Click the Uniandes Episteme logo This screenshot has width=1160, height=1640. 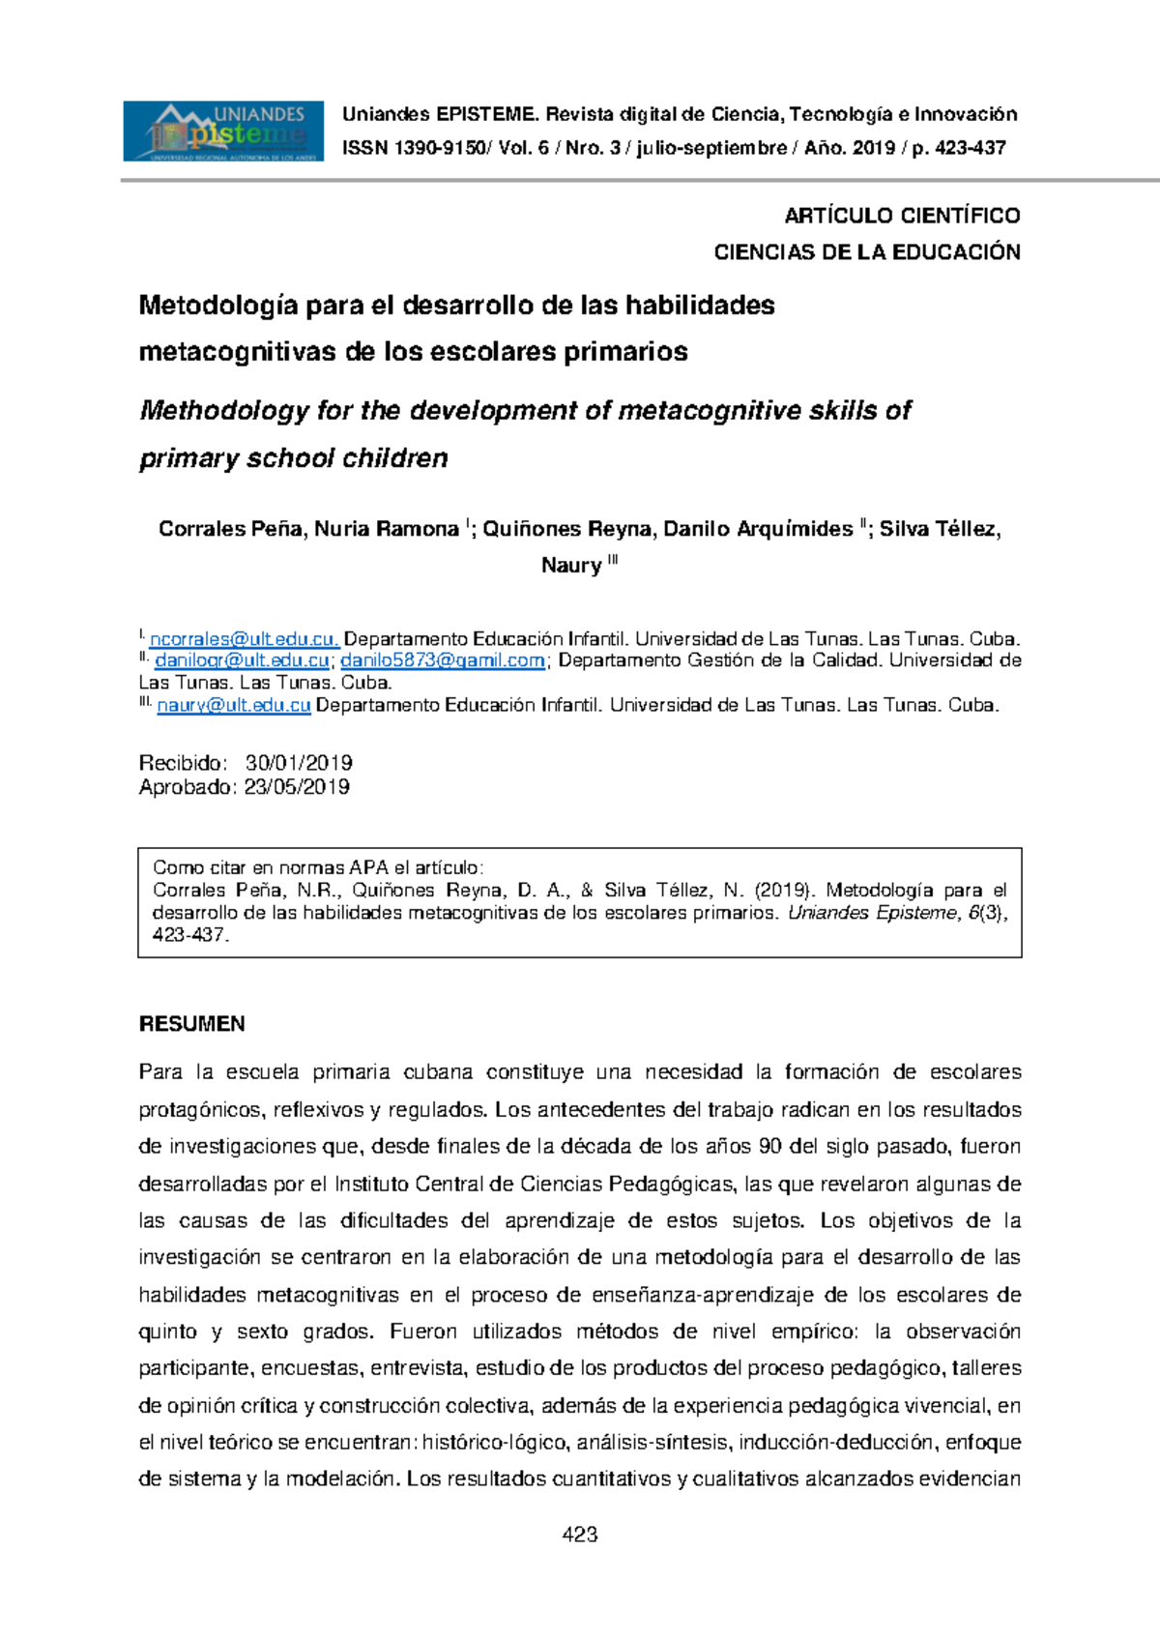point(222,132)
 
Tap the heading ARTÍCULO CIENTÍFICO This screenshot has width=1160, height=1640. point(902,216)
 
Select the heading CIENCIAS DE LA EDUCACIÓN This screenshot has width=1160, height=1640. point(866,252)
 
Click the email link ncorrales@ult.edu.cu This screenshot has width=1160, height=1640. point(244,639)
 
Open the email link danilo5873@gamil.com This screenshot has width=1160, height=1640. point(443,660)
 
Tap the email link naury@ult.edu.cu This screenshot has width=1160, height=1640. point(233,705)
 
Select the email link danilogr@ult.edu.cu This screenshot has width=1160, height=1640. point(242,660)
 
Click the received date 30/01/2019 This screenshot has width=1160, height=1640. point(299,763)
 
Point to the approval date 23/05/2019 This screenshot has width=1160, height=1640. point(297,787)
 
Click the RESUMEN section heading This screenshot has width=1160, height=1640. point(191,1024)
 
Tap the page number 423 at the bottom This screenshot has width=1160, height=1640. point(580,1535)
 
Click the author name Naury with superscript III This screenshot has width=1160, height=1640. point(578,566)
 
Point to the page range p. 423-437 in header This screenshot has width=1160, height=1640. point(958,149)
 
